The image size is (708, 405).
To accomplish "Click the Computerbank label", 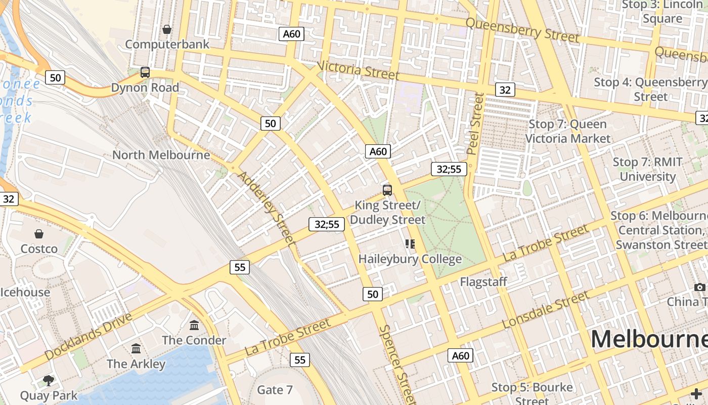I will coord(167,44).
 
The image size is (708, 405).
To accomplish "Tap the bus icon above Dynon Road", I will coord(145,72).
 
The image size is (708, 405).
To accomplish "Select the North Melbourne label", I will coord(161,155).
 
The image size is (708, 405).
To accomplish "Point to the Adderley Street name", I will coord(266,209).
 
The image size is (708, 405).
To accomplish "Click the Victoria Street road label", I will coord(358,70).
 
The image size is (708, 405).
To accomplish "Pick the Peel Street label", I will coord(475,124).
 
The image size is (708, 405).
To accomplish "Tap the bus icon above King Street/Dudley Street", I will coord(387,190).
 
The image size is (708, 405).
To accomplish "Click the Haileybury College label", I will coord(410,259).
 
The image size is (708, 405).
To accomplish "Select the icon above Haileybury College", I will coord(410,245).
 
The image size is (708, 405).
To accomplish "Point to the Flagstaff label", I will coord(483,282).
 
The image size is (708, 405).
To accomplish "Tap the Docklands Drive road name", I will coord(88,337).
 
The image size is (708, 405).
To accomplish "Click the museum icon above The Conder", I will coord(194,325).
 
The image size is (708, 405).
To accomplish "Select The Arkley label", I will coord(136,364).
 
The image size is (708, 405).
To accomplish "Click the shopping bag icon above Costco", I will coord(39,234).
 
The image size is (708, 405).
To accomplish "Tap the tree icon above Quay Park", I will coord(49,380).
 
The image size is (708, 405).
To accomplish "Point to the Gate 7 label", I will coord(275,390).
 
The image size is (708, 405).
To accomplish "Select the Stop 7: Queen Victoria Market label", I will coord(567,131).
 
